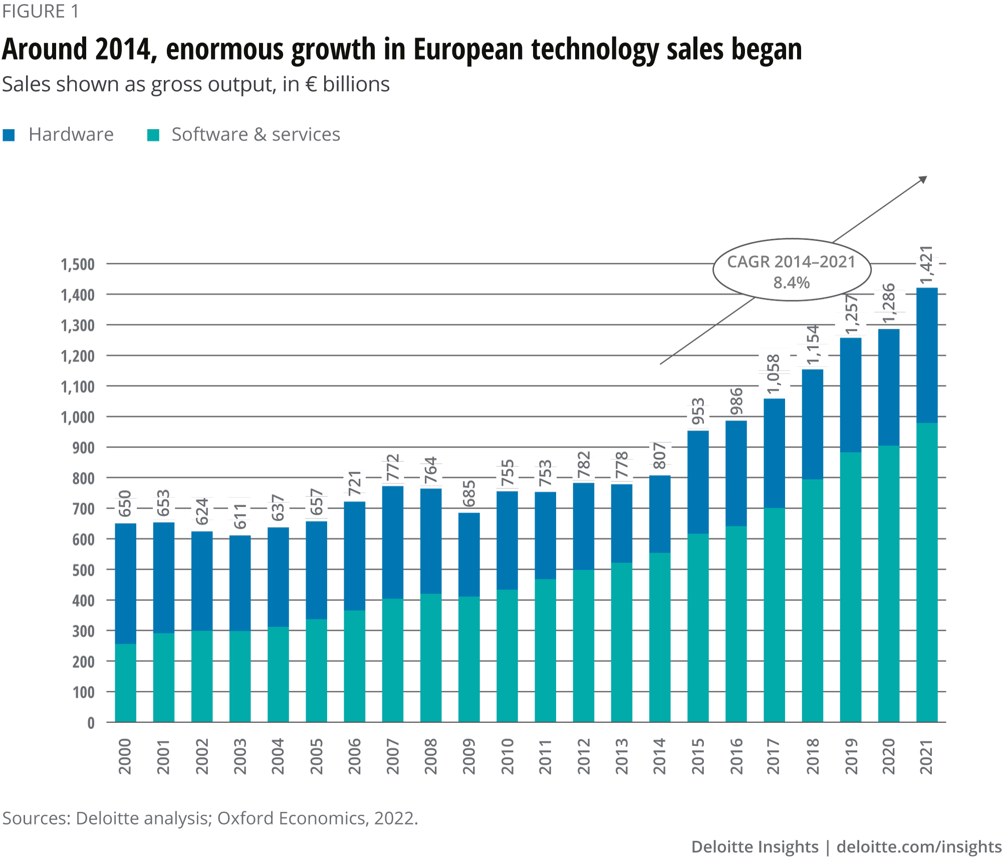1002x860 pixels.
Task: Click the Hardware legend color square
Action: coord(9,135)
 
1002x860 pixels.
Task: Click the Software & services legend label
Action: coord(256,135)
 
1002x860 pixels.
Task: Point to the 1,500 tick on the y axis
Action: coord(78,264)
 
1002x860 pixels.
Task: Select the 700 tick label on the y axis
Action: coord(83,509)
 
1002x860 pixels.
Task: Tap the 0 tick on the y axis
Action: coord(91,723)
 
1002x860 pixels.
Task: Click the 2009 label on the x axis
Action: coord(469,756)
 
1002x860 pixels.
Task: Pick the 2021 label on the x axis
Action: coord(927,756)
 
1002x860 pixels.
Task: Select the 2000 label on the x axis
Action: coord(125,756)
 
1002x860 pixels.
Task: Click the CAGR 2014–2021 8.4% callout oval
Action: coord(792,270)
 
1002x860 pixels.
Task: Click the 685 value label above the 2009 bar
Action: coord(469,495)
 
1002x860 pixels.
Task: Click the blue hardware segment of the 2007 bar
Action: coord(392,542)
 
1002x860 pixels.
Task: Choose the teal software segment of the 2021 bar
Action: coord(927,572)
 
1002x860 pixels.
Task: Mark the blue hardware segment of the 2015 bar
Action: coord(698,482)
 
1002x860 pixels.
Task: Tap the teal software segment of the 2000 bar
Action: coord(125,683)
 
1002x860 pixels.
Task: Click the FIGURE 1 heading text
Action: coord(41,12)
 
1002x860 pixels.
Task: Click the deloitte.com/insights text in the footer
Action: coord(919,846)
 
